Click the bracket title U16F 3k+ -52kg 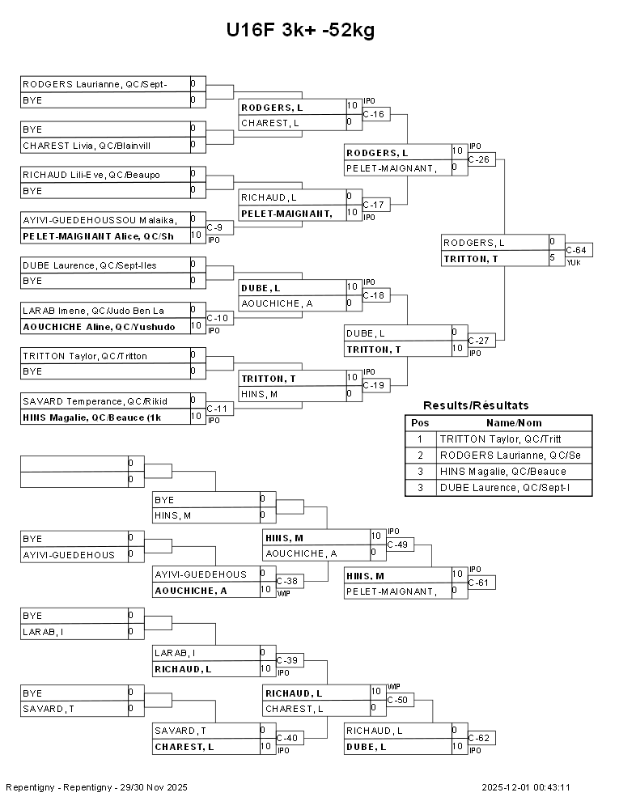[300, 31]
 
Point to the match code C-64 [576, 250]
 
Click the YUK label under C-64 [573, 263]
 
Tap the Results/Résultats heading [476, 405]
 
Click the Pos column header [420, 423]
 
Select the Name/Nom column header [514, 423]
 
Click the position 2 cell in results [420, 456]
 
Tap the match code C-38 [286, 581]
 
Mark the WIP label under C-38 [283, 594]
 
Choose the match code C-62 [478, 738]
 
